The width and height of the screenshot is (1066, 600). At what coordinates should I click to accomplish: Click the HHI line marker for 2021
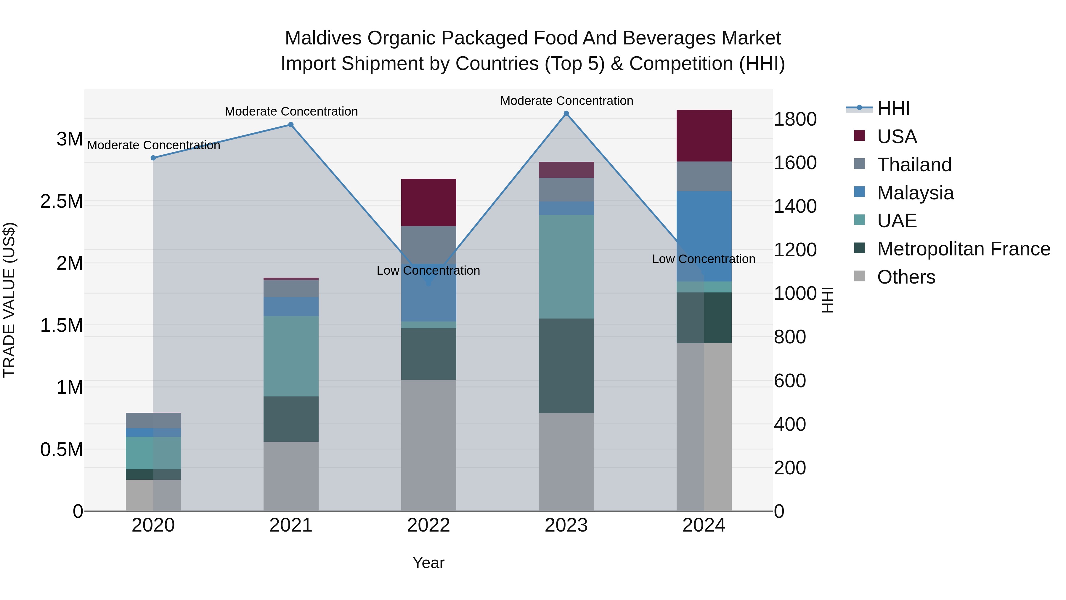291,125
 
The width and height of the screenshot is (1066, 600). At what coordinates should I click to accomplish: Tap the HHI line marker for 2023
566,113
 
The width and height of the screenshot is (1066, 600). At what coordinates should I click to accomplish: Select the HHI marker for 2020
153,158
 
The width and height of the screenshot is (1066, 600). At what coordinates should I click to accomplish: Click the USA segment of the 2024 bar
704,136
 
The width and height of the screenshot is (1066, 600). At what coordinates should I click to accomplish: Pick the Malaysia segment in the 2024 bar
704,236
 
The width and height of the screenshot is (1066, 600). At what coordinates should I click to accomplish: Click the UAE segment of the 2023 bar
566,267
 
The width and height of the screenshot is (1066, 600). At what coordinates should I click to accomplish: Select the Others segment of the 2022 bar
429,445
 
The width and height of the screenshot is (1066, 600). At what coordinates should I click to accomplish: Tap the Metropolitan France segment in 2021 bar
291,419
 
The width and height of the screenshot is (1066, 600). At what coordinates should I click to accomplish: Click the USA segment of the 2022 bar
429,202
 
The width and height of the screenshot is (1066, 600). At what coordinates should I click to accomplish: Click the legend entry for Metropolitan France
963,249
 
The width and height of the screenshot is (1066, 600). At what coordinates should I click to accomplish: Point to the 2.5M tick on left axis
62,202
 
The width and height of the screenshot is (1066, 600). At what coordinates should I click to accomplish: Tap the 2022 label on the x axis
429,525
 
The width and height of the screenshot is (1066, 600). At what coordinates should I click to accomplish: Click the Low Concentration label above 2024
704,259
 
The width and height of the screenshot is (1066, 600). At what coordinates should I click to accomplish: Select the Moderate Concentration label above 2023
566,101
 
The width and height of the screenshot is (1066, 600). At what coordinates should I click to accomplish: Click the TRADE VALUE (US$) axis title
9,300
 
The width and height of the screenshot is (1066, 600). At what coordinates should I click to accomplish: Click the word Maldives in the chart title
323,38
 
